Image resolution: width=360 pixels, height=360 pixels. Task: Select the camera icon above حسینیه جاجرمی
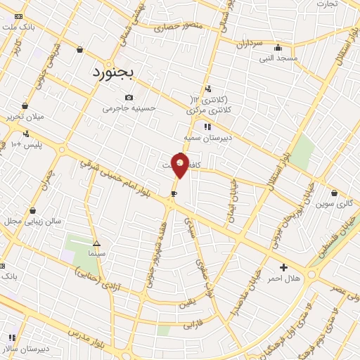tap(129, 98)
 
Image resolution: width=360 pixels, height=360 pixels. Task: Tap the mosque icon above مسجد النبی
tap(279, 48)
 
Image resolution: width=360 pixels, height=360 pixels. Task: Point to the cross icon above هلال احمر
tap(283, 267)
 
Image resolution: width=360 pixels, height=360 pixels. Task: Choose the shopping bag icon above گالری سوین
tap(333, 193)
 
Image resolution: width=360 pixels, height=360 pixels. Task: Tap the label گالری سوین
tap(333, 204)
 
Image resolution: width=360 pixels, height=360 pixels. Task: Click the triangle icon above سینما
tap(96, 242)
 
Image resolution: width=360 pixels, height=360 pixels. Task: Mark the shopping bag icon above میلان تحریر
tap(25, 105)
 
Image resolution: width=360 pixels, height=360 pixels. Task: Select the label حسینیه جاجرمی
tap(129, 109)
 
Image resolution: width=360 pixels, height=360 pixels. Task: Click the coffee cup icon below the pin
tap(174, 193)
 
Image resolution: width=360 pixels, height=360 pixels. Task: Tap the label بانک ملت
tap(18, 26)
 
